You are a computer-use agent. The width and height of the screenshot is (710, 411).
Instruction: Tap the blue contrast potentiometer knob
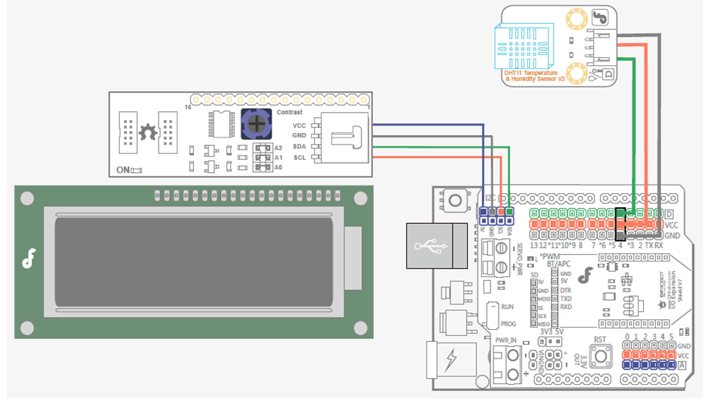256,122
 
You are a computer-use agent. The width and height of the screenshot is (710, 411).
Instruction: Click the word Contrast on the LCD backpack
290,112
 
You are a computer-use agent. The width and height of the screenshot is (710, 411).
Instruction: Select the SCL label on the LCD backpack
299,157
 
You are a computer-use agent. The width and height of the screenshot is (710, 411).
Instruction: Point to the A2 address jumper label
278,148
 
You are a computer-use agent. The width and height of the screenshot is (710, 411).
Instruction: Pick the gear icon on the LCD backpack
147,133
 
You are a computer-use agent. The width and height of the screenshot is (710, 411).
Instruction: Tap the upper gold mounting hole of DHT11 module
577,17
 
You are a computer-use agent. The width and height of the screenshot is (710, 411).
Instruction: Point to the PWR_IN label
505,340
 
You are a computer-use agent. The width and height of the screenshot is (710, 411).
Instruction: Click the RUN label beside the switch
508,307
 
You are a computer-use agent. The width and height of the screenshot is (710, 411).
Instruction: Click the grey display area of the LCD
194,261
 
